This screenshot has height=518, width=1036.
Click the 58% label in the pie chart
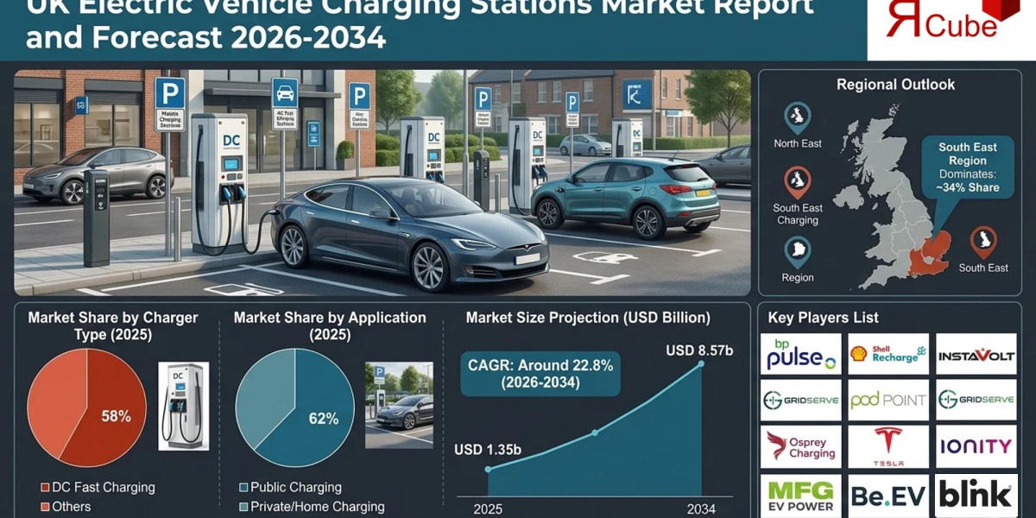[116, 416]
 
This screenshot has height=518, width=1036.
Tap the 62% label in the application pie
[323, 420]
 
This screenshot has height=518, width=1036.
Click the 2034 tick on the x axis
[700, 509]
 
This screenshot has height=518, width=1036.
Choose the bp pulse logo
[800, 354]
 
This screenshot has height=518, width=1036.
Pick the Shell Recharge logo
[888, 354]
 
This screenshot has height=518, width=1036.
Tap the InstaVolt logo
[976, 354]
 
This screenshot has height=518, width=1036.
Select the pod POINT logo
[888, 400]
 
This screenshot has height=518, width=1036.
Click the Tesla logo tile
[888, 446]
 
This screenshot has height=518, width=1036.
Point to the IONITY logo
[976, 446]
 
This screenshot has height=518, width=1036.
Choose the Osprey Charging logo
[800, 446]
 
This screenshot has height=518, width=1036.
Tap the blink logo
[976, 495]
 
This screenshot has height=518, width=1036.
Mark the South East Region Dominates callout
[968, 167]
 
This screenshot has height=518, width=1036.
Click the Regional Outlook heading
[895, 85]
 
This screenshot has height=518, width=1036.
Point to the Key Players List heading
[823, 318]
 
